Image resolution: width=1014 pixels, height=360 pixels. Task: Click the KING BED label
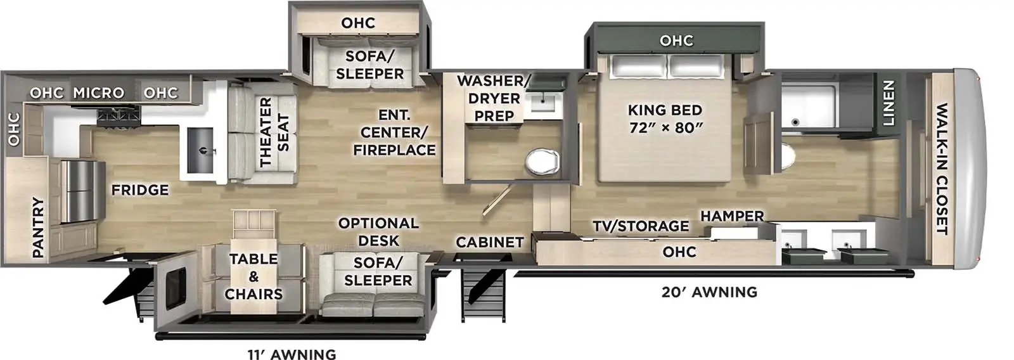[665, 118]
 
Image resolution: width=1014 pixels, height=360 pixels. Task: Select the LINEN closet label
[888, 103]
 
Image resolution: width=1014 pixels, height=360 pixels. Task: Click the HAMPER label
[732, 216]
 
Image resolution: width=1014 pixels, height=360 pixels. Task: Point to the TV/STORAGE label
[641, 226]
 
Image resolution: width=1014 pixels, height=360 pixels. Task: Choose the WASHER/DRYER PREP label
[494, 98]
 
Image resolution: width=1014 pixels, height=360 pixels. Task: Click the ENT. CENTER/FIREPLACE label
[394, 132]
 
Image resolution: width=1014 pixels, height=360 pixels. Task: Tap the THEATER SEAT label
[274, 132]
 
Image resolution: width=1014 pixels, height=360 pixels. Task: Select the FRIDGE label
[140, 190]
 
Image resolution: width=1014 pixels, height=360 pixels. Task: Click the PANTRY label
[38, 227]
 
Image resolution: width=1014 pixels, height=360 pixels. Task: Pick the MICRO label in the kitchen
[98, 93]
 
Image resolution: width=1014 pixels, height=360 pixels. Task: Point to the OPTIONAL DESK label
[378, 232]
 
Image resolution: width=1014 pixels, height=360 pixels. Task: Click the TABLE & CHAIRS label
[253, 276]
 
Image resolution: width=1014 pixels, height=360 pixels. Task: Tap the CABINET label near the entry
[490, 242]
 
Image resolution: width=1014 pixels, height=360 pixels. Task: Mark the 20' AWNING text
[709, 292]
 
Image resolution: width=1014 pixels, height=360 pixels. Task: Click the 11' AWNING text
[292, 354]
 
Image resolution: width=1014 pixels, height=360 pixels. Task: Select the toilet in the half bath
[542, 161]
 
